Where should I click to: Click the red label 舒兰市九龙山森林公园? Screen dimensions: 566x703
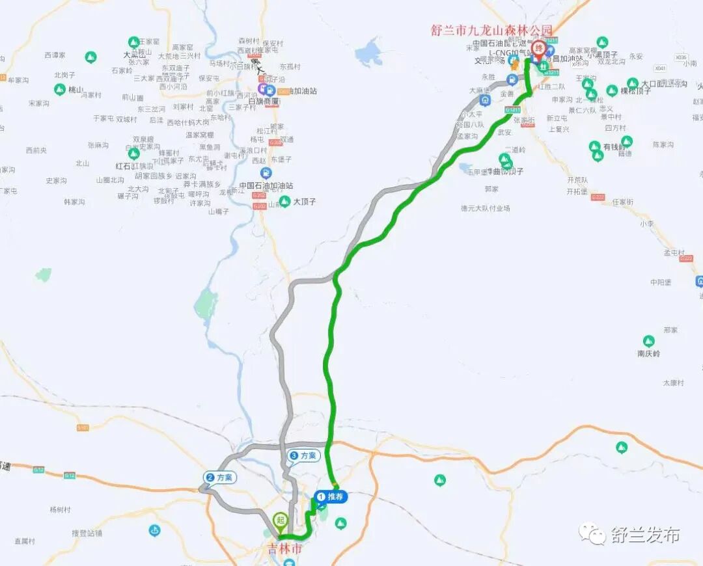(491, 31)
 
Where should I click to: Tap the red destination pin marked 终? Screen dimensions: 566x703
(539, 49)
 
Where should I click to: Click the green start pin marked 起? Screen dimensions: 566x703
(281, 520)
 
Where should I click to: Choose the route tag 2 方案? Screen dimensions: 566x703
(219, 478)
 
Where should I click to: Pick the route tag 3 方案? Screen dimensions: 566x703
(303, 456)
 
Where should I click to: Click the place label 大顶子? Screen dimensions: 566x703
(305, 202)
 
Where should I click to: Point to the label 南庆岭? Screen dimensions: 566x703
(648, 354)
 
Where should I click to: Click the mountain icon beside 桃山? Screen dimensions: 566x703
(60, 90)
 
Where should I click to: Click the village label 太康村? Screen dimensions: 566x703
(673, 383)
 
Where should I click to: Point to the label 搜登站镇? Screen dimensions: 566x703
(87, 533)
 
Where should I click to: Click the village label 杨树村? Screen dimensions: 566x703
(60, 509)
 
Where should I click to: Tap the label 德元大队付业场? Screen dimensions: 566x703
(485, 208)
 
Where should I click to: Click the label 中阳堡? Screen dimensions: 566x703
(660, 282)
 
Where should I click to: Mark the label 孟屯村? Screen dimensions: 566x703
(674, 252)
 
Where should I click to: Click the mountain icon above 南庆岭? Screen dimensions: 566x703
(648, 341)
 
